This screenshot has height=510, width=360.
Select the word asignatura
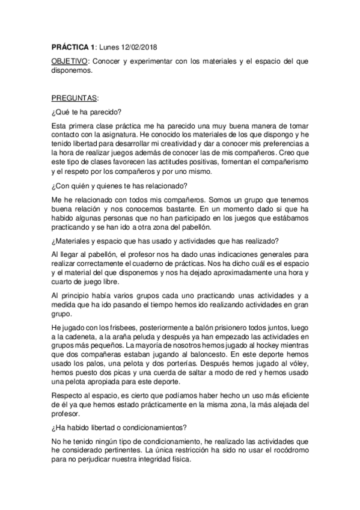(x=105, y=133)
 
